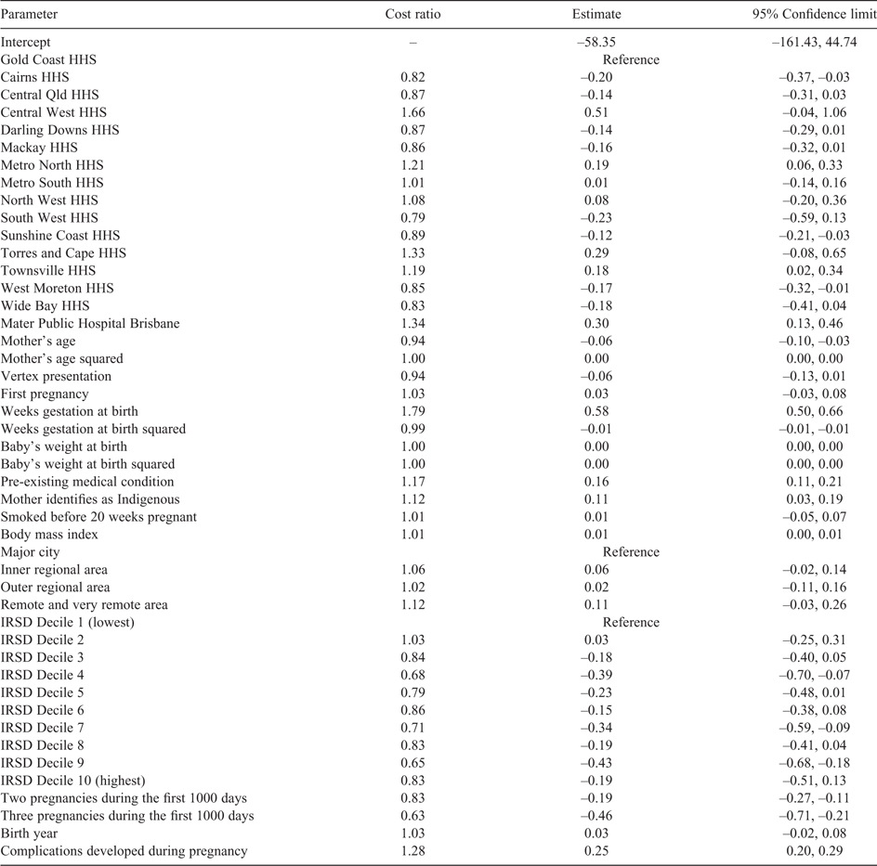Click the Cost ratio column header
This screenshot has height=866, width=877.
tap(412, 14)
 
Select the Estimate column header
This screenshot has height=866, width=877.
tap(596, 14)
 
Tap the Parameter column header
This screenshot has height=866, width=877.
tap(29, 14)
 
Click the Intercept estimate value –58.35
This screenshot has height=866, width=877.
tap(596, 42)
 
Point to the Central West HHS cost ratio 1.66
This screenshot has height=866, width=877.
tap(412, 112)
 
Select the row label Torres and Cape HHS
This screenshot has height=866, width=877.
tap(63, 253)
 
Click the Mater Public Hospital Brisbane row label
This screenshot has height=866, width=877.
tap(90, 324)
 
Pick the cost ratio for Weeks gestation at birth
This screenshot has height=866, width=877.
tap(412, 411)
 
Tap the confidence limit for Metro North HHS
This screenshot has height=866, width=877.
tap(815, 165)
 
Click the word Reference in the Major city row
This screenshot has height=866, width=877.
tap(631, 552)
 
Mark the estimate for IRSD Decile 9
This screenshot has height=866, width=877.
tap(596, 763)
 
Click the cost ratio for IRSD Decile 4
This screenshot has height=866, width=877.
tap(412, 675)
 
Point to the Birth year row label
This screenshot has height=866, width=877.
tap(29, 834)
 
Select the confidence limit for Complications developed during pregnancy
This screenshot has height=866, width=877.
tap(815, 851)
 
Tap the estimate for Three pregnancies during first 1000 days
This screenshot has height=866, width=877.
tap(596, 816)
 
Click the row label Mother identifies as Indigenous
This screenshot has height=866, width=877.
tap(90, 499)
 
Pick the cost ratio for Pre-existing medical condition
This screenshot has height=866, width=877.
tap(412, 482)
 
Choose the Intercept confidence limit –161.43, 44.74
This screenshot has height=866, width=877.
tap(815, 42)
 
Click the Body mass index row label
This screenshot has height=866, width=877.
tap(49, 535)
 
